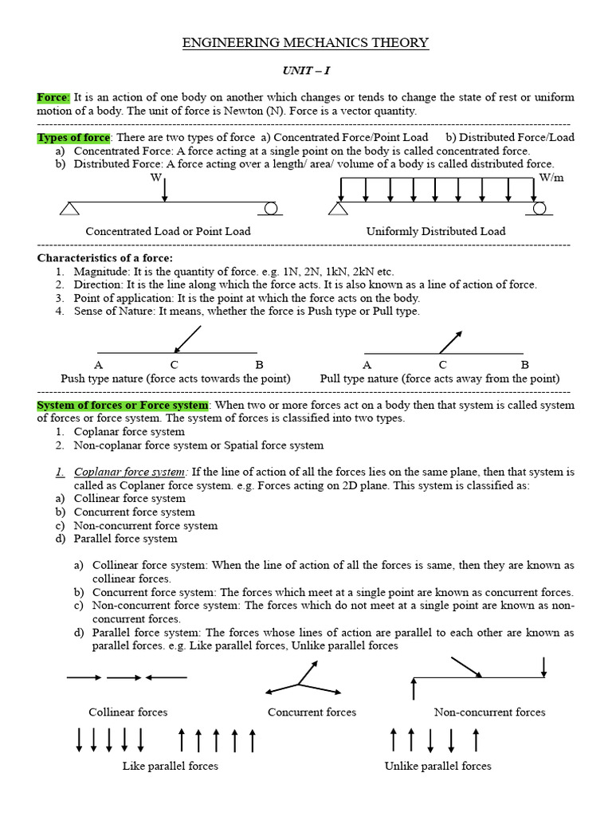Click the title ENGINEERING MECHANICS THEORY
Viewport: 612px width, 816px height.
[306, 43]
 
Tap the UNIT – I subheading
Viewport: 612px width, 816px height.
[306, 71]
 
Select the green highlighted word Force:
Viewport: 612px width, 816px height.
[53, 97]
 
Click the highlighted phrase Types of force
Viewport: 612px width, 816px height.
[74, 138]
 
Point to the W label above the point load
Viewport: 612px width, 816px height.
[155, 177]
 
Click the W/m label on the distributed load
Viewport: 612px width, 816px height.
[551, 177]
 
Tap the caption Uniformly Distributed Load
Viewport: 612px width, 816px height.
[435, 231]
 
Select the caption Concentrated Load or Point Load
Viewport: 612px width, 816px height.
[167, 231]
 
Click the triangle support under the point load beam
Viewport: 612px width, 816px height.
[70, 208]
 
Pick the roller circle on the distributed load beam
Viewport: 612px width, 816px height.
[539, 208]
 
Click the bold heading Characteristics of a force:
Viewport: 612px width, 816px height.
[104, 258]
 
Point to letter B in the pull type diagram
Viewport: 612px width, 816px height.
[524, 365]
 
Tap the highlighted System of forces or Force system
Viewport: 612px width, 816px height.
[123, 405]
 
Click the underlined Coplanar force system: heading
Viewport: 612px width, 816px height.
[130, 472]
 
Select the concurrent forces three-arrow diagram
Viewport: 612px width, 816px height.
[300, 682]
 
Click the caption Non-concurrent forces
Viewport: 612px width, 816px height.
[489, 712]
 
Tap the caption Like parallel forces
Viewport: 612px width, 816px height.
[170, 766]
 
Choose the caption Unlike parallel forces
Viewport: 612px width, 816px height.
[437, 766]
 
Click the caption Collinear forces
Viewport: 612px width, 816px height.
[127, 712]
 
